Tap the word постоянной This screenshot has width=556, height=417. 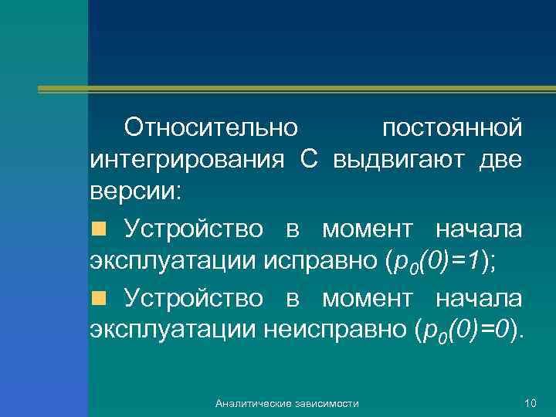coord(452,126)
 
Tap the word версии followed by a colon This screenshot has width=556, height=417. coord(136,194)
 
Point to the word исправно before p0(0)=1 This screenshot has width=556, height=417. coord(320,263)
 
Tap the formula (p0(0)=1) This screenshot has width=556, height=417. coord(440,263)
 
